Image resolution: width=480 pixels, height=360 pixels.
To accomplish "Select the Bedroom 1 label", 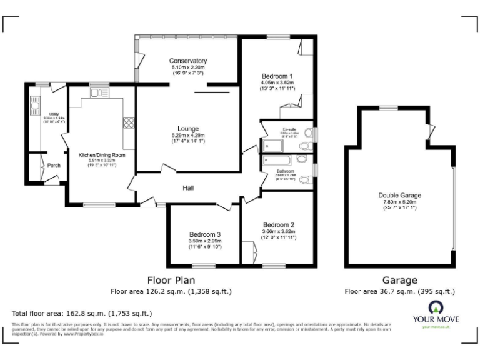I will [x=277, y=76].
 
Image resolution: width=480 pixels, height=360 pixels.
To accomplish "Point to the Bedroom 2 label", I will [x=278, y=225].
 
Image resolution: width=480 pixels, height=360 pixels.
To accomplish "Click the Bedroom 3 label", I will [x=205, y=235].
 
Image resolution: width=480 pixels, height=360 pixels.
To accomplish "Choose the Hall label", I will [x=188, y=187].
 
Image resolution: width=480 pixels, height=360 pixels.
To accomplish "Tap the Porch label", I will [x=54, y=166].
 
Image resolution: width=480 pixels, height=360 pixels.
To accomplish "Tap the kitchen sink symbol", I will [x=99, y=93].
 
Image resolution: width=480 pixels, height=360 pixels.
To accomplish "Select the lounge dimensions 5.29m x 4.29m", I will [x=188, y=142].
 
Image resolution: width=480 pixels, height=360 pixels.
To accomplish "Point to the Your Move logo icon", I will [x=436, y=308].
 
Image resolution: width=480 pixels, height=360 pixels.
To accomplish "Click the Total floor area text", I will [x=82, y=313].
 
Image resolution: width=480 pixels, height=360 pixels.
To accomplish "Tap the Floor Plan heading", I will [x=169, y=281].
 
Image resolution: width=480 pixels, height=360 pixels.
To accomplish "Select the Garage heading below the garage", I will [x=399, y=281].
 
